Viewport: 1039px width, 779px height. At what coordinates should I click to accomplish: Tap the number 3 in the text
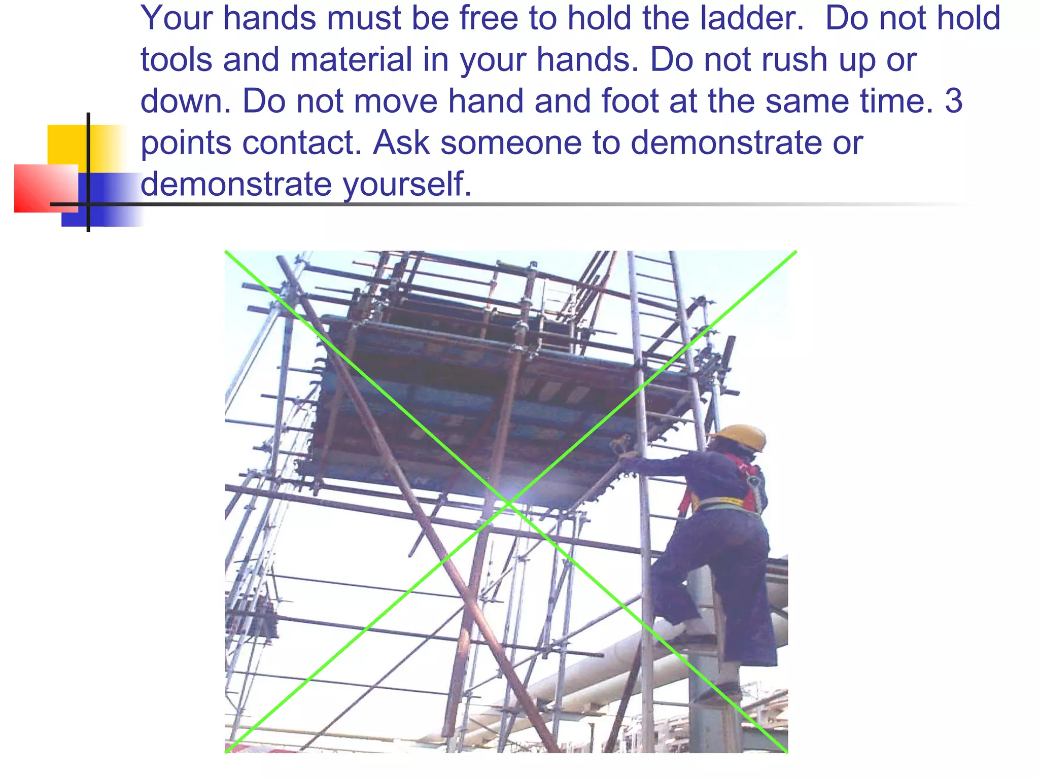coord(954,101)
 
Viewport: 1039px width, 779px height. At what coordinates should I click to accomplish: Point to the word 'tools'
coord(176,60)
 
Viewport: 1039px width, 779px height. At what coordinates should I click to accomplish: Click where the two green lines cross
coord(507,502)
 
